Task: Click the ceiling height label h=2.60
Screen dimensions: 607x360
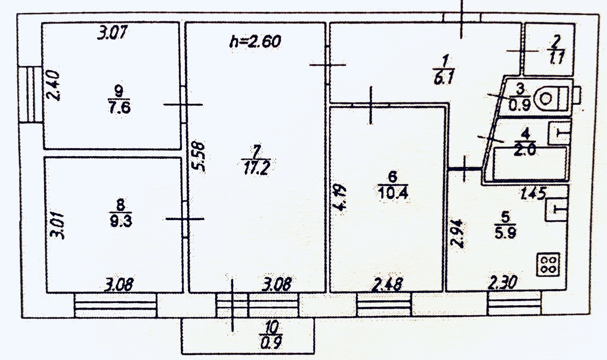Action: click(255, 42)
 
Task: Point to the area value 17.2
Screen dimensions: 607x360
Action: click(256, 168)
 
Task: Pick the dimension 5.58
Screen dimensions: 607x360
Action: click(199, 157)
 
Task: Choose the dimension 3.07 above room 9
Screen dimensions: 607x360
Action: click(112, 33)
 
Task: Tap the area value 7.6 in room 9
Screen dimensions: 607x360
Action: click(119, 108)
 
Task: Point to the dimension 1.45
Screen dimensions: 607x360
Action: click(533, 193)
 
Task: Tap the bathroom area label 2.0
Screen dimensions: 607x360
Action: click(525, 150)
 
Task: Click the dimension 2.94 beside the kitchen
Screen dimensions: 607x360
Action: click(457, 233)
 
